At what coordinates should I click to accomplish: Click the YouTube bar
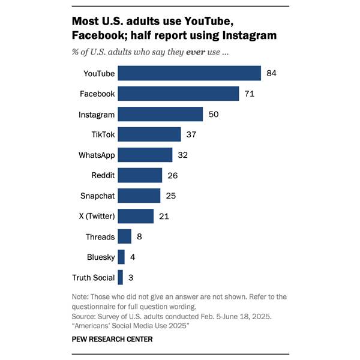[190, 73]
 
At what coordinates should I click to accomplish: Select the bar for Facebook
[178, 94]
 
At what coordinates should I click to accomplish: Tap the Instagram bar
[160, 114]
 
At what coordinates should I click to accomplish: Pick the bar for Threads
[125, 236]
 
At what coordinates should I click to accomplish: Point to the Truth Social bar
[121, 277]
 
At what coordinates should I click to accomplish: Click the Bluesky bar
[121, 257]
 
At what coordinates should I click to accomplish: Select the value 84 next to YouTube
[271, 73]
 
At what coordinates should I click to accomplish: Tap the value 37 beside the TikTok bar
[191, 134]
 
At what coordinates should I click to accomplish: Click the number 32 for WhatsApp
[183, 155]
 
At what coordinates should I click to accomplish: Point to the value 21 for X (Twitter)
[164, 216]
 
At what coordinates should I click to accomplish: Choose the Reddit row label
[103, 175]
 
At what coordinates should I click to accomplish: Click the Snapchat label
[97, 196]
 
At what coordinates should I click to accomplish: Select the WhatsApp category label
[97, 155]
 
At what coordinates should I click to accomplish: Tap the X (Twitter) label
[97, 216]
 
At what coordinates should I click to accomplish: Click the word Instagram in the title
[250, 35]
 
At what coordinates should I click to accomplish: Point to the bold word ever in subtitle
[196, 52]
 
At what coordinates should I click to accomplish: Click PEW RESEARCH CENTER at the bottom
[112, 339]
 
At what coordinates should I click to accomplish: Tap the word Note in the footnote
[79, 296]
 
